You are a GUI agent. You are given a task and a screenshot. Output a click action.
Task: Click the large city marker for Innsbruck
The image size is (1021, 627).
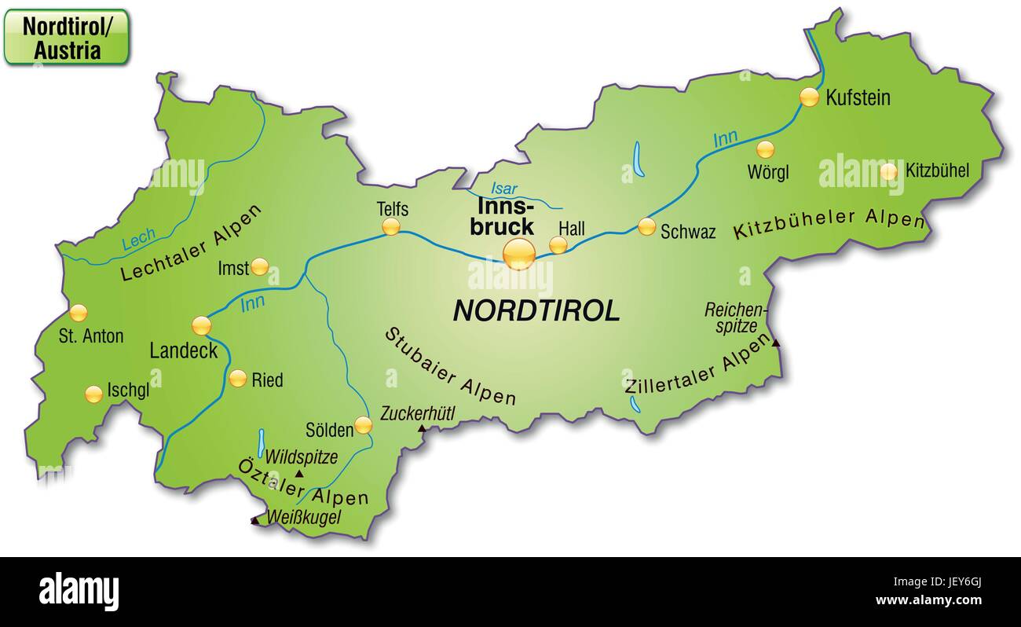pyautogui.click(x=519, y=254)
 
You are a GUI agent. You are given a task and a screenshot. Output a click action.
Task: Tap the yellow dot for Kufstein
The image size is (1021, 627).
pyautogui.click(x=809, y=97)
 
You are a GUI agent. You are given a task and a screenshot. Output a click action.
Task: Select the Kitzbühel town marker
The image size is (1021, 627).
pyautogui.click(x=888, y=170)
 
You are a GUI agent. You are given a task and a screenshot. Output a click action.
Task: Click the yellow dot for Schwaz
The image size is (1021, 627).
pyautogui.click(x=646, y=226)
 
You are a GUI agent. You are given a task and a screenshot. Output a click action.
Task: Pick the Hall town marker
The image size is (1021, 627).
pyautogui.click(x=558, y=244)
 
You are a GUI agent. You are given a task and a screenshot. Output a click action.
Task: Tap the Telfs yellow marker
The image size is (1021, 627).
pyautogui.click(x=391, y=227)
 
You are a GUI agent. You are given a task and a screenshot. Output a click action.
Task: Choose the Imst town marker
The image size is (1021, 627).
pyautogui.click(x=260, y=267)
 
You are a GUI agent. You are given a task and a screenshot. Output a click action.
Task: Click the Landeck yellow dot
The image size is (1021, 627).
pyautogui.click(x=202, y=324)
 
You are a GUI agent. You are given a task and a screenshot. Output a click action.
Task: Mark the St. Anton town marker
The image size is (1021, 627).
pyautogui.click(x=78, y=313)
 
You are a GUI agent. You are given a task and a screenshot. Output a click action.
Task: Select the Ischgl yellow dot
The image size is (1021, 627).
pyautogui.click(x=94, y=394)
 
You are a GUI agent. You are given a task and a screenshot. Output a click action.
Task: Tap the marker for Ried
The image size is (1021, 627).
pyautogui.click(x=238, y=378)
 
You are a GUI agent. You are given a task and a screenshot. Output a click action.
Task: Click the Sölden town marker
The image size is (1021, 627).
pyautogui.click(x=363, y=425)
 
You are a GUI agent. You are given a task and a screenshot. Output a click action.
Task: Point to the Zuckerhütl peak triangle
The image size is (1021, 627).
pyautogui.click(x=422, y=428)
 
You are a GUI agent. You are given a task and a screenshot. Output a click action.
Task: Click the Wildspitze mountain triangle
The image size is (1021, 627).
pyautogui.click(x=298, y=474)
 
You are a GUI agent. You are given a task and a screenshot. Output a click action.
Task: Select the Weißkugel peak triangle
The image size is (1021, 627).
pyautogui.click(x=254, y=520)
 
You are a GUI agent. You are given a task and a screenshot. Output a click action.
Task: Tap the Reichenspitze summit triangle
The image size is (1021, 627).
pyautogui.click(x=776, y=343)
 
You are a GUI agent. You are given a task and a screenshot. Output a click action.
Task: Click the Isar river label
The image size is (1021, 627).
pyautogui.click(x=503, y=189)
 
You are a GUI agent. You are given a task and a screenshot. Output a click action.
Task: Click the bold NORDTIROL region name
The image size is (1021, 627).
pyautogui.click(x=536, y=311)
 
